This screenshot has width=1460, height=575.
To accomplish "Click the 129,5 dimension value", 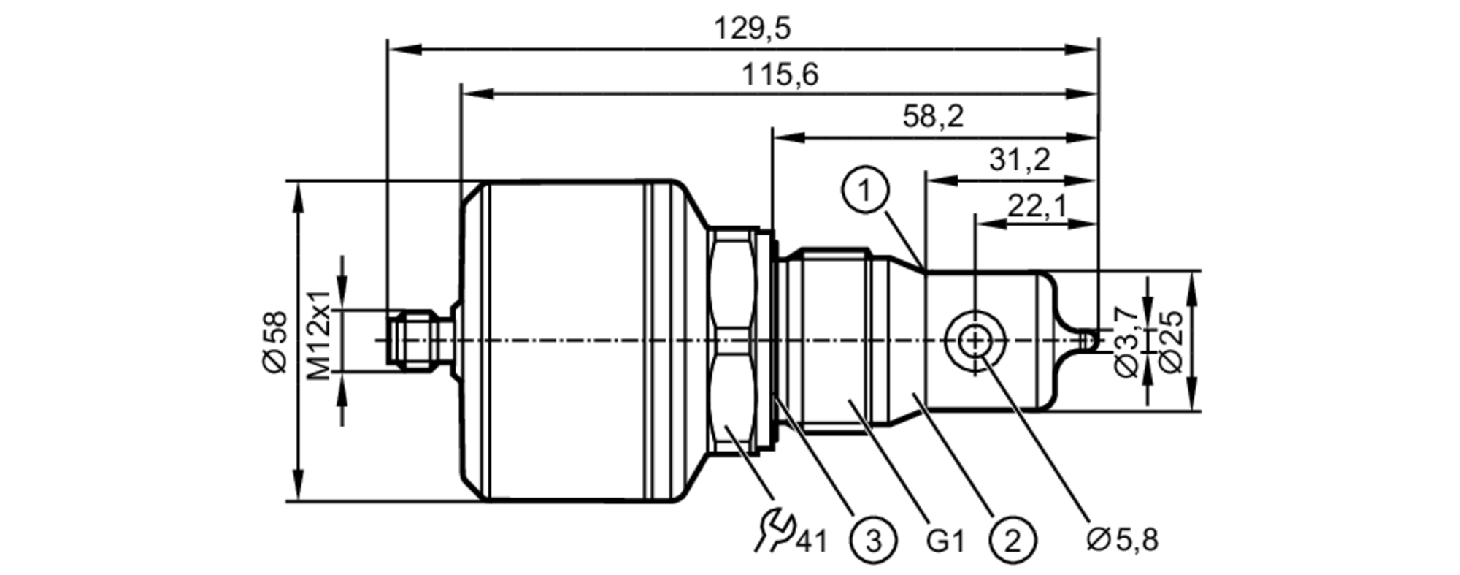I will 751,29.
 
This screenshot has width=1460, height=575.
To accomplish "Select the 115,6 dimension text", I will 780,75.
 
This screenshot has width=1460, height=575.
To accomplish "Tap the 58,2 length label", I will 932,116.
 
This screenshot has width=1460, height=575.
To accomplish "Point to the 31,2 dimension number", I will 1019,159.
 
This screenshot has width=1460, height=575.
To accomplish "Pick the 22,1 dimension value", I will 1037,207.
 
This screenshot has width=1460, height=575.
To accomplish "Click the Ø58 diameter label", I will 276,341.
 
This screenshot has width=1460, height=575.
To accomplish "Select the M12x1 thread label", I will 319,335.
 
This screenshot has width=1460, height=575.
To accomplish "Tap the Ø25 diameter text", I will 1169,341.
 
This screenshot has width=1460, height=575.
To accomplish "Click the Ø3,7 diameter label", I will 1126,341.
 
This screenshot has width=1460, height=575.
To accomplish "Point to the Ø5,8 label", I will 1122,539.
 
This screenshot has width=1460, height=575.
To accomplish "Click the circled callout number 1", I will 865,191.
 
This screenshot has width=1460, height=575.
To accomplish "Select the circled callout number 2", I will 1013,541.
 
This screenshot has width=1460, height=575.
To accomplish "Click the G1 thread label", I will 945,541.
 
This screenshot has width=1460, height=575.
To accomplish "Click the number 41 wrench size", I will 812,541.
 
